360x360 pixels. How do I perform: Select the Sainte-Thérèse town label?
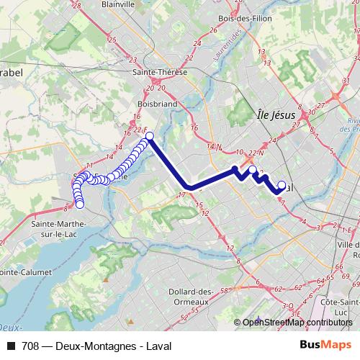[160, 73]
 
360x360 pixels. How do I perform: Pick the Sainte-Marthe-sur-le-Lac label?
[60, 230]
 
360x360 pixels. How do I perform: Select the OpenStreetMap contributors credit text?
[299, 322]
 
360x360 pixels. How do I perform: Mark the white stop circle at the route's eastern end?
[282, 184]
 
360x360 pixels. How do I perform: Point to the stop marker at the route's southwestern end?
[79, 204]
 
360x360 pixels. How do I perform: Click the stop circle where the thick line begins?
[150, 135]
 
